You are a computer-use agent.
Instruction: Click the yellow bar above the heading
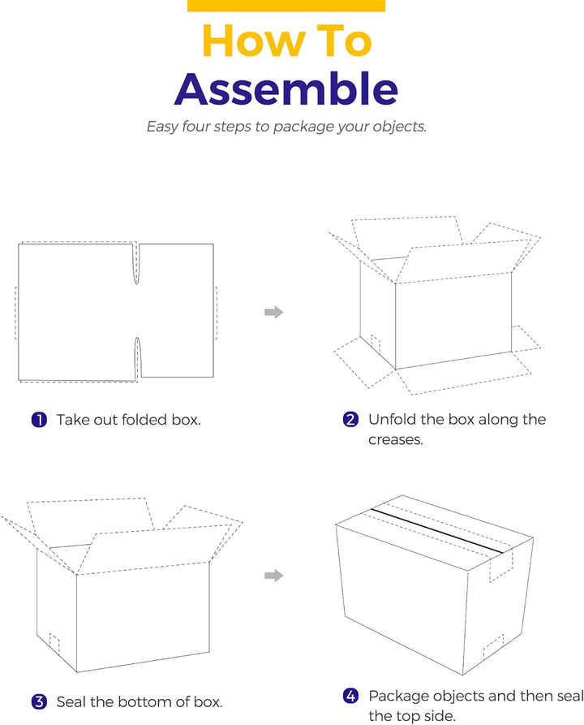pyautogui.click(x=286, y=6)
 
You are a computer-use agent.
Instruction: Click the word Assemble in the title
pyautogui.click(x=286, y=89)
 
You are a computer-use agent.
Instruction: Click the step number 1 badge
pyautogui.click(x=39, y=420)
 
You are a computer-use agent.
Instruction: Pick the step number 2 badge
pyautogui.click(x=350, y=420)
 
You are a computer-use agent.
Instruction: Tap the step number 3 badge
pyautogui.click(x=39, y=701)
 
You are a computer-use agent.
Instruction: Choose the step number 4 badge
pyautogui.click(x=350, y=696)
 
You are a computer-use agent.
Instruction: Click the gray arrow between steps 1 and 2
pyautogui.click(x=274, y=312)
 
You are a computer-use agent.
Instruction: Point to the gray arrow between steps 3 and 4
pyautogui.click(x=274, y=576)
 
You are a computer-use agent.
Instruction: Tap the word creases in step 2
pyautogui.click(x=395, y=439)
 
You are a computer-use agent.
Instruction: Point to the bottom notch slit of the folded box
pyautogui.click(x=138, y=359)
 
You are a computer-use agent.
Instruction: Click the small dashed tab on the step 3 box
pyautogui.click(x=54, y=642)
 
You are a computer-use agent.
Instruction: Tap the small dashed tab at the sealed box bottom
pyautogui.click(x=492, y=647)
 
